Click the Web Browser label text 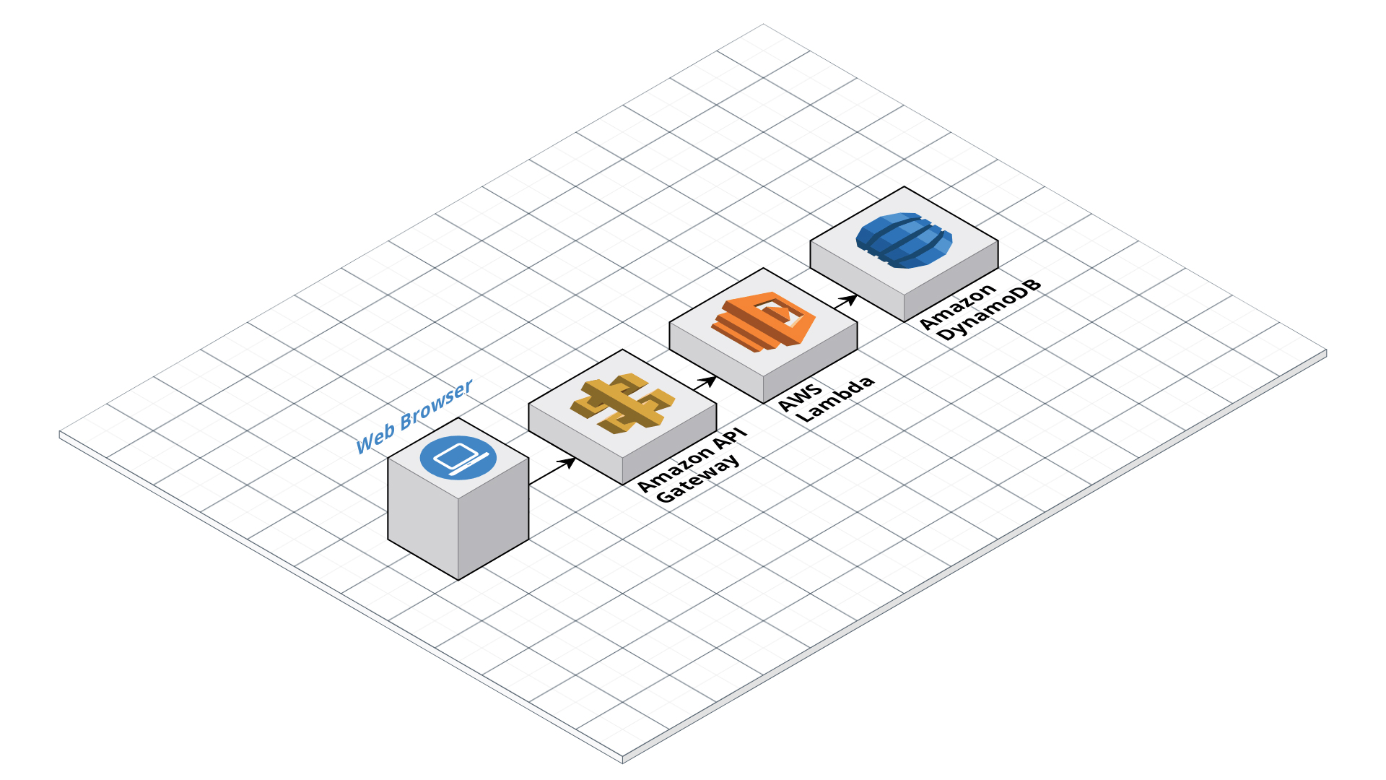pyautogui.click(x=414, y=417)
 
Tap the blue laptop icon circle pyautogui.click(x=458, y=457)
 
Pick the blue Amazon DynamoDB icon pyautogui.click(x=904, y=240)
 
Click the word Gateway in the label pyautogui.click(x=698, y=479)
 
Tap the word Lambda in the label pyautogui.click(x=835, y=399)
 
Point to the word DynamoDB pyautogui.click(x=989, y=310)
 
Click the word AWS pyautogui.click(x=800, y=398)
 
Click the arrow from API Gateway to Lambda pyautogui.click(x=705, y=383)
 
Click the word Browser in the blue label pyautogui.click(x=437, y=405)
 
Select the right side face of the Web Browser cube pyautogui.click(x=494, y=516)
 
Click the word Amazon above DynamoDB pyautogui.click(x=958, y=307)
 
